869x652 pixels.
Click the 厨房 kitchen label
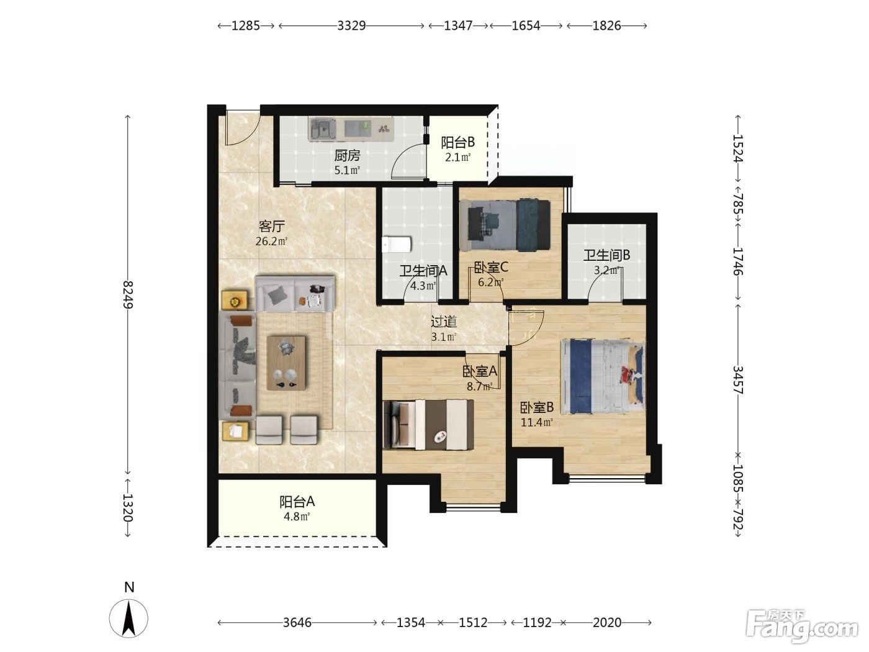(x=347, y=156)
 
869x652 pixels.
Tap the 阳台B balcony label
(x=457, y=142)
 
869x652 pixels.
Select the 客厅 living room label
(x=272, y=227)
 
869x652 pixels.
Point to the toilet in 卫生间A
(x=397, y=244)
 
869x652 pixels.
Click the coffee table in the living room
(x=287, y=363)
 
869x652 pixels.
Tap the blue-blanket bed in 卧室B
(x=603, y=376)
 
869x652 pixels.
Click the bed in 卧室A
(x=428, y=425)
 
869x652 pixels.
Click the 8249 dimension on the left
(x=128, y=294)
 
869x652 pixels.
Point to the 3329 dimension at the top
(x=351, y=25)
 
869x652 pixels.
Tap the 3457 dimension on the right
(x=738, y=380)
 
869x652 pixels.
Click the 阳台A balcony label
(x=297, y=502)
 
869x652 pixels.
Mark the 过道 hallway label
(x=443, y=322)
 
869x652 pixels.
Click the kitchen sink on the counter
(x=323, y=129)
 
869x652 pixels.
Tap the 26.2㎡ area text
(x=271, y=241)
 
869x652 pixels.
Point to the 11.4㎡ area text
(x=536, y=422)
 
